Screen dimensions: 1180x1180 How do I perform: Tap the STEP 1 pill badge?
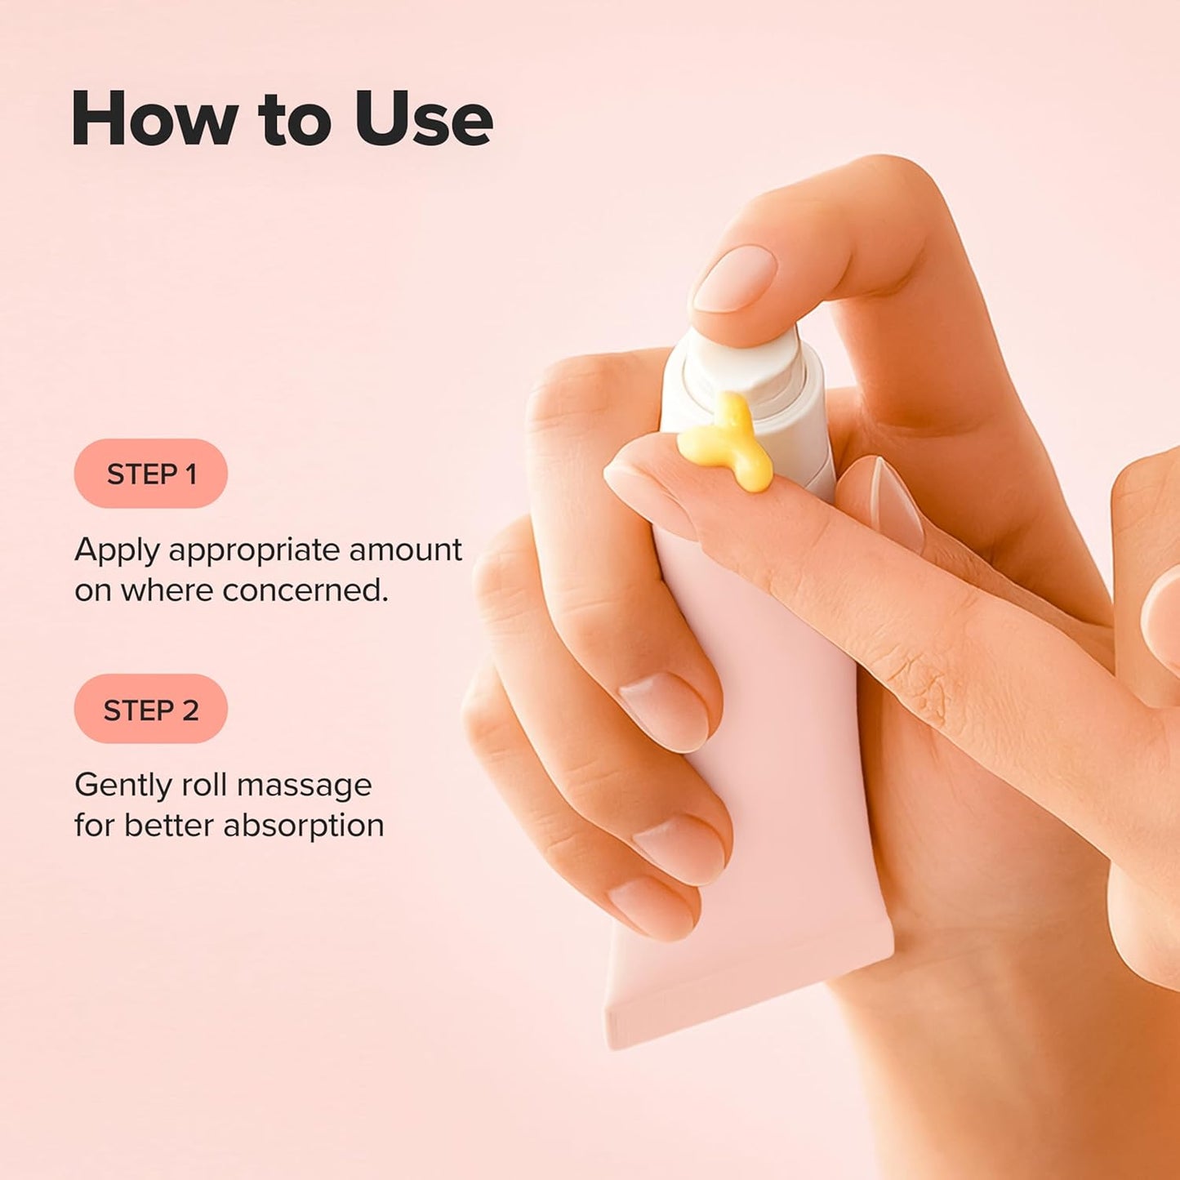tap(151, 474)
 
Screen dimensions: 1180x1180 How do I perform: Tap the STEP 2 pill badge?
tap(151, 709)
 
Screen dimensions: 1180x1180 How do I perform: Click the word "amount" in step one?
tap(405, 551)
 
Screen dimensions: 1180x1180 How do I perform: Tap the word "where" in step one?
tap(167, 590)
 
